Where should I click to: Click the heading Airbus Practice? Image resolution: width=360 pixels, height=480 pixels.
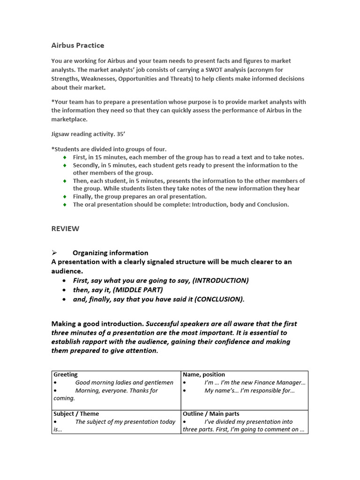[78, 45]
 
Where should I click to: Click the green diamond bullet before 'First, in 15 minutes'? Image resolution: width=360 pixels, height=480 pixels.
[65, 157]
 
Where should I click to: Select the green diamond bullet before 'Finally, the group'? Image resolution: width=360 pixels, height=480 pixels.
[65, 197]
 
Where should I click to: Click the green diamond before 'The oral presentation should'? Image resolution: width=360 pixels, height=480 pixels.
[65, 205]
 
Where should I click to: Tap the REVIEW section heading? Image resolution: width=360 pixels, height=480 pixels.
[65, 229]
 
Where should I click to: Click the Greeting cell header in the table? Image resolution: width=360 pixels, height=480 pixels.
[66, 375]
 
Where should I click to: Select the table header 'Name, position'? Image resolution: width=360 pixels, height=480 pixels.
[204, 375]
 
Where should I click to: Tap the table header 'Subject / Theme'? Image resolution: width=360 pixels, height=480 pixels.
[76, 413]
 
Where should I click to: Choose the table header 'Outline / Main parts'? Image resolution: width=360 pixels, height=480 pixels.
[211, 413]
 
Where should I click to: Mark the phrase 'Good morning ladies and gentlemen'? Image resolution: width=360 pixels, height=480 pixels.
[124, 382]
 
